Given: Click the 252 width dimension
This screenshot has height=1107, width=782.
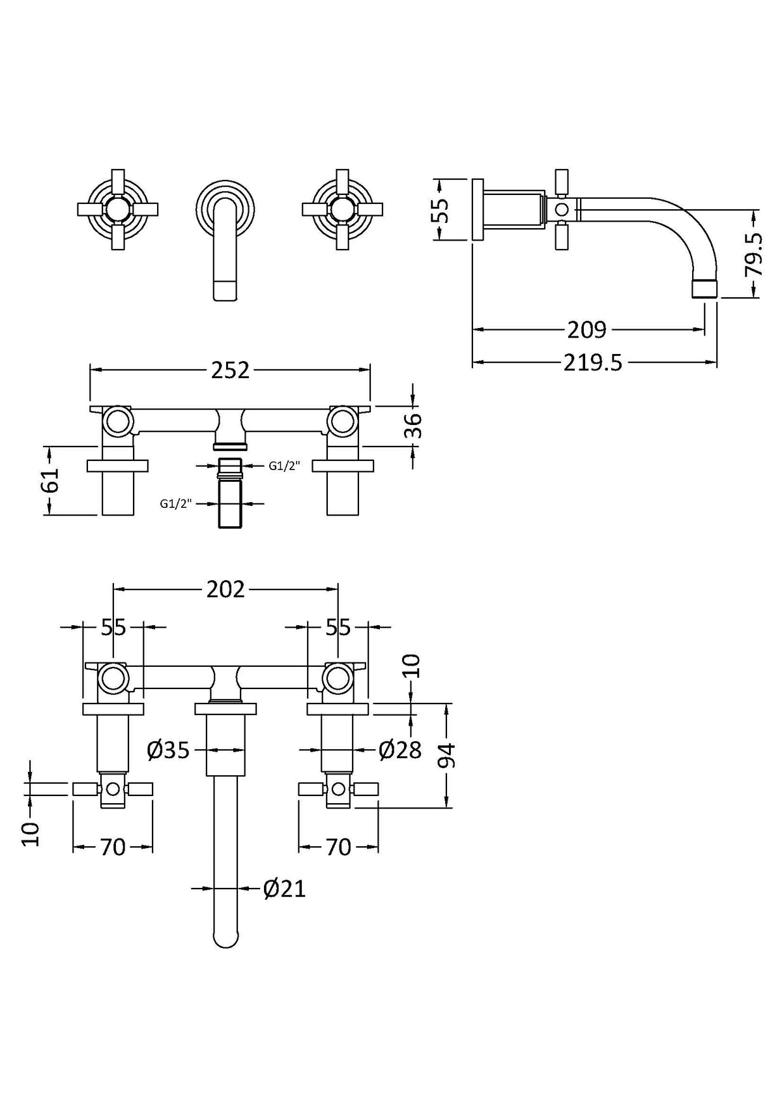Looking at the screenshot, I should point(231,370).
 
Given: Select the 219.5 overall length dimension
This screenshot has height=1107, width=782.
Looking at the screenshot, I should point(593,362).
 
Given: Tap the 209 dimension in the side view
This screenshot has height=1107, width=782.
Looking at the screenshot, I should point(586,330).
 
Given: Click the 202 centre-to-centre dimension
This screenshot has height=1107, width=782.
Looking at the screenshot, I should point(225,589).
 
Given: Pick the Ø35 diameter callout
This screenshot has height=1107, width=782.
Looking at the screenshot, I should point(168,750).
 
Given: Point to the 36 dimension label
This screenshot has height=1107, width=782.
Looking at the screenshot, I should point(414,426).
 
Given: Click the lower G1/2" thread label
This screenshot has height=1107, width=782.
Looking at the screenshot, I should point(176,503).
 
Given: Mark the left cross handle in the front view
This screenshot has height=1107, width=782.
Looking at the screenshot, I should point(119,209).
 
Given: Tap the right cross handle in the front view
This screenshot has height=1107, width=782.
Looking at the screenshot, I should point(343,209).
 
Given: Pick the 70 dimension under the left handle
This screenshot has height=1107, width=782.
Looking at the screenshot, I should point(113,848).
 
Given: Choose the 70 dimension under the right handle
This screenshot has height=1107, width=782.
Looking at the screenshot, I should point(338,848).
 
